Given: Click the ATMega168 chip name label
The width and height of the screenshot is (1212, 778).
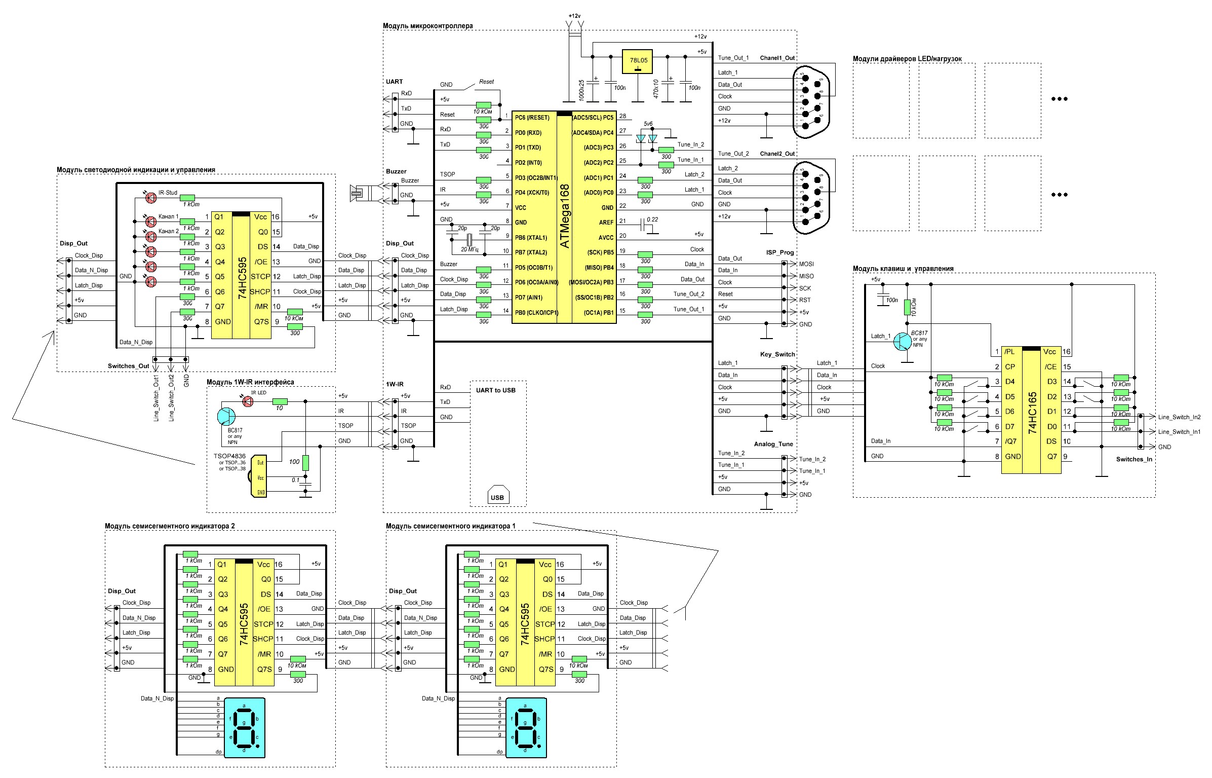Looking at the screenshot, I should tap(565, 216).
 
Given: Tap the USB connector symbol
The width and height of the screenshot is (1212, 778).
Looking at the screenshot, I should tap(497, 496).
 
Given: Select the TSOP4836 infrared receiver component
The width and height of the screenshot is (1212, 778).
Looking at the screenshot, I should tap(259, 476).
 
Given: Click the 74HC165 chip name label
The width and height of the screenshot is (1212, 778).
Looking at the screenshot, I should tap(1033, 412).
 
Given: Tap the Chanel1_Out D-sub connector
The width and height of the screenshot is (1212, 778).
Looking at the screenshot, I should tap(811, 101).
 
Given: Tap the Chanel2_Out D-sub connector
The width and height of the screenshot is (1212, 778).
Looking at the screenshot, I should tap(811, 197).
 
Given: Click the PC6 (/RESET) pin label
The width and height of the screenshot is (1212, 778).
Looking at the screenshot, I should tap(532, 118).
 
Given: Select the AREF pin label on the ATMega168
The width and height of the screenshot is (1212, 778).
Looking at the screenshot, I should tap(606, 223).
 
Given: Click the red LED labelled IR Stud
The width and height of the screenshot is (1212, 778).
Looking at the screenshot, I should tap(151, 198).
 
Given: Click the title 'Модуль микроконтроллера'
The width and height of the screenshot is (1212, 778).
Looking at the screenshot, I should tap(427, 25).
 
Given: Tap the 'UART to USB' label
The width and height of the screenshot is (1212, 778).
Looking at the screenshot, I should tap(495, 390).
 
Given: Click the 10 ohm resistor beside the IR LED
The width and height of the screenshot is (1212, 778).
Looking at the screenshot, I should tap(280, 401).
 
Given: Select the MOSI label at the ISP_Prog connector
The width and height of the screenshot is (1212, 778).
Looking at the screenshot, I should tap(806, 264).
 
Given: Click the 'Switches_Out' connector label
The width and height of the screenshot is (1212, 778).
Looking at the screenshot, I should tap(128, 366).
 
